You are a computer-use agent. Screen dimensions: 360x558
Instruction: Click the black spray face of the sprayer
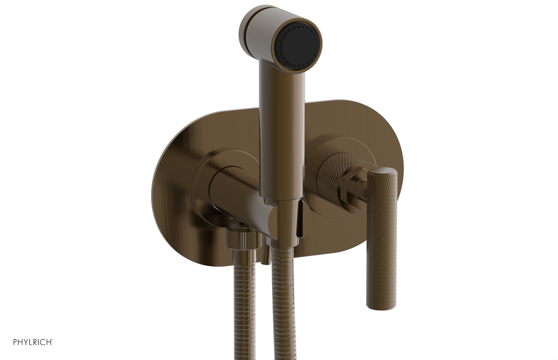point(298,44)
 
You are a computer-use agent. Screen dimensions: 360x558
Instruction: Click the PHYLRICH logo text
point(33,342)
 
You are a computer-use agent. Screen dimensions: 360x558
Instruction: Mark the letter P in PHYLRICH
point(15,342)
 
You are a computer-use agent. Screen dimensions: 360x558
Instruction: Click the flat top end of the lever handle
point(383,171)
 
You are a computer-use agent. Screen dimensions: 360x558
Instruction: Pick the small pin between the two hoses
point(265,258)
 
